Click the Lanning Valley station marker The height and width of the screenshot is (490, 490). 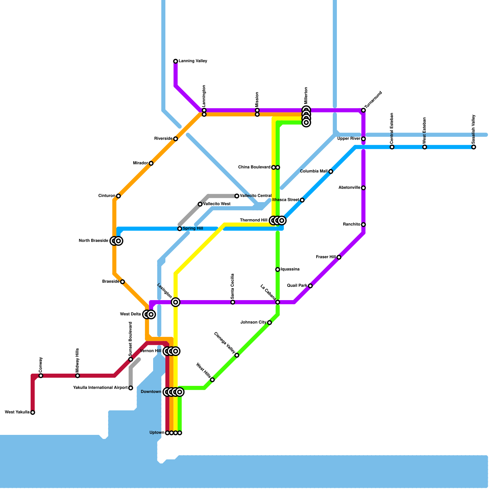coord(175,61)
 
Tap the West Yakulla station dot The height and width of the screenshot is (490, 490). coord(33,413)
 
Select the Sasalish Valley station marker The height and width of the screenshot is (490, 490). coord(474,147)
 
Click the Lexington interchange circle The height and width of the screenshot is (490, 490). coord(175,302)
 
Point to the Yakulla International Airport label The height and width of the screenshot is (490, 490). coord(100,388)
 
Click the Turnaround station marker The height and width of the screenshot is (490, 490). coord(364,110)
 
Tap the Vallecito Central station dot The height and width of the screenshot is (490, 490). coord(237,196)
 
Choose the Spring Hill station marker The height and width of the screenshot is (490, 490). coord(180,229)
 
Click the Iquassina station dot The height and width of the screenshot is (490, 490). coord(277,269)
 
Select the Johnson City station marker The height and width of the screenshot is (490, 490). coord(269,322)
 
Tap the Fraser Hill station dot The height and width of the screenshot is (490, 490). coord(339,257)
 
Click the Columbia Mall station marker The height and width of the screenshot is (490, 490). coord(331,171)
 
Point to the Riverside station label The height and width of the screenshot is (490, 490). coord(163,139)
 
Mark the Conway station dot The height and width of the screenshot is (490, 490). coord(41,376)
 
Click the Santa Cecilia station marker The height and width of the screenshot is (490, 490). coord(233,302)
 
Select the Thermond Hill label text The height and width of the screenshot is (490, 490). coord(254,221)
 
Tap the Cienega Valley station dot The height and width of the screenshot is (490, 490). coord(237,355)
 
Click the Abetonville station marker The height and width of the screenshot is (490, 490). coord(364,188)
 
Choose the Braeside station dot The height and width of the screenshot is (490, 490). coord(123,282)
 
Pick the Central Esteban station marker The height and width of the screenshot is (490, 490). coord(392,147)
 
